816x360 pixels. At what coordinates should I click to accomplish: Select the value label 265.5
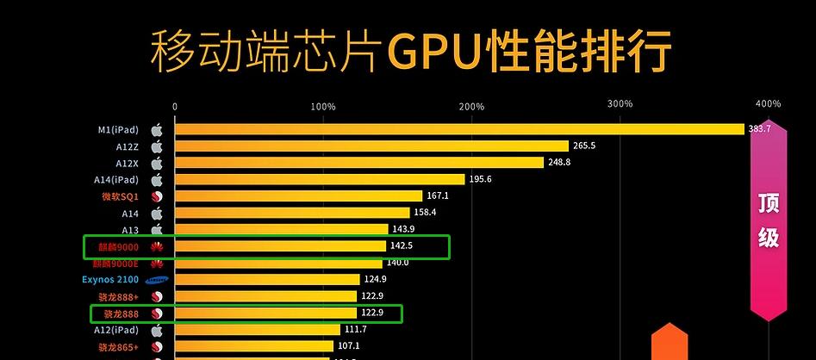(x=583, y=146)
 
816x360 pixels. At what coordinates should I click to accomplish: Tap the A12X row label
(x=128, y=163)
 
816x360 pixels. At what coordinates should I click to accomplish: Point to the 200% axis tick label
(x=471, y=106)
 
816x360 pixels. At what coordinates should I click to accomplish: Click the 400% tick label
(x=768, y=103)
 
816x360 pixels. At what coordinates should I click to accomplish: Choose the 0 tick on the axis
(x=175, y=107)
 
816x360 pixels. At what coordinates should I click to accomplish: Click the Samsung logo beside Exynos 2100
(x=157, y=280)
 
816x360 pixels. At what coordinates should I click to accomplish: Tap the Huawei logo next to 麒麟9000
(x=157, y=247)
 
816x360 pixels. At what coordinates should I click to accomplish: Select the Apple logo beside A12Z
(x=157, y=146)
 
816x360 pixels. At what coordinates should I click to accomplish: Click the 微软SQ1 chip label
(x=120, y=196)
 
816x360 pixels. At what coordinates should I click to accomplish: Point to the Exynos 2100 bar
(x=267, y=280)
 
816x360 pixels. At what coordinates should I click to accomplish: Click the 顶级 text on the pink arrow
(x=769, y=220)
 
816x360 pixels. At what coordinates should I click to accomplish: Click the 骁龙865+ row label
(x=118, y=347)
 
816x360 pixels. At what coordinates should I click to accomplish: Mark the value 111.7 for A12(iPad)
(x=355, y=330)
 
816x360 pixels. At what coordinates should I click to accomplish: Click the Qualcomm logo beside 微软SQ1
(x=157, y=196)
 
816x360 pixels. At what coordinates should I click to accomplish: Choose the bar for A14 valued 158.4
(x=292, y=213)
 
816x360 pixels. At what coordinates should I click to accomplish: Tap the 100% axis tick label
(x=322, y=106)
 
